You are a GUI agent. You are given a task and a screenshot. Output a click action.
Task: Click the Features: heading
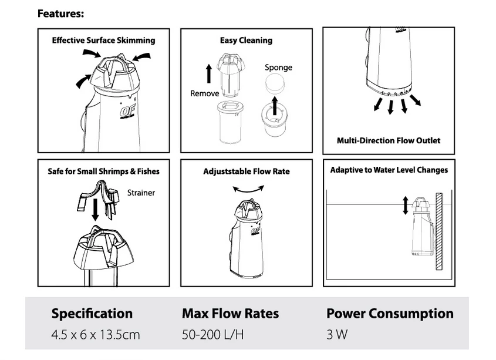pos(60,14)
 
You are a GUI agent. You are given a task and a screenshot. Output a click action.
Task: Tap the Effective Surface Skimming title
pos(104,40)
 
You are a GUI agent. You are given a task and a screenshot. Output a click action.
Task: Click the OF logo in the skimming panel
pos(127,111)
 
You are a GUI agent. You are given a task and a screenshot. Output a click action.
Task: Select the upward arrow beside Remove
pos(209,74)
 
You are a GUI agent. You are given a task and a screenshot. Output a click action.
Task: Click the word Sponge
pos(278,68)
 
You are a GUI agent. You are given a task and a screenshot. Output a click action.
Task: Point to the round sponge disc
pos(275,83)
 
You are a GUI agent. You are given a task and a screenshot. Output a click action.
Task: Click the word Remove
pos(205,93)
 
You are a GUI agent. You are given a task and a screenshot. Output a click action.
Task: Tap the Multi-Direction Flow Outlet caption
pos(389,140)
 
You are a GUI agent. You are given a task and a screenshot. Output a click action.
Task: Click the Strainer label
pos(141,193)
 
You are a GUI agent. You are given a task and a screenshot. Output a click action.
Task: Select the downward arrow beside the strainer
pos(95,210)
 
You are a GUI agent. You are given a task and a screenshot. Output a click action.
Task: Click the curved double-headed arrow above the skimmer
pos(248,190)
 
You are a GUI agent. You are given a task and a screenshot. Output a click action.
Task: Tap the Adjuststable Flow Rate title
pos(247,171)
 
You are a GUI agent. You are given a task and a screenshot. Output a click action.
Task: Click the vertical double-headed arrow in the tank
pos(406,206)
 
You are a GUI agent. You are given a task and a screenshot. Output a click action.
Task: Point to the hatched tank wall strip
pos(439,231)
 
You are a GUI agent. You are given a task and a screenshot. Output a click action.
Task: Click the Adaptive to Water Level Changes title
pos(389,170)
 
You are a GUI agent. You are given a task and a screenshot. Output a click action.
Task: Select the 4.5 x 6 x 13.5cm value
pos(96,335)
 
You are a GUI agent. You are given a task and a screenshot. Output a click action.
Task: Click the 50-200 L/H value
pos(213,335)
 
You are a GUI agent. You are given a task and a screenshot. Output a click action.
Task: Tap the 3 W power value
pos(337,335)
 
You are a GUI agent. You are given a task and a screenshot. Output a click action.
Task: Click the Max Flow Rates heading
pos(230,314)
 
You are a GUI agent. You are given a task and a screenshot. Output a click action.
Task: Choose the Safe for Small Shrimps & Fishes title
pos(104,171)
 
